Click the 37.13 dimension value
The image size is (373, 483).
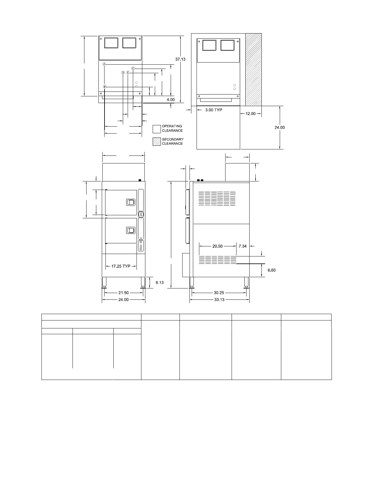pos(180,59)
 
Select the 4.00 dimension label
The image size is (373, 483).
pos(171,100)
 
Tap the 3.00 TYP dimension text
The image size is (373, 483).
pos(214,110)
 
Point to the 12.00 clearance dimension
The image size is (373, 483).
pos(250,113)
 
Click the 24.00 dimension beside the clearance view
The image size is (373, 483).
pos(279,127)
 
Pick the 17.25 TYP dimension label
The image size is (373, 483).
pos(121,266)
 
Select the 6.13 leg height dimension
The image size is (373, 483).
pos(159,282)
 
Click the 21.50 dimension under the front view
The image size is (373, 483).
pos(123,293)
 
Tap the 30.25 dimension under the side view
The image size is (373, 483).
pos(219,293)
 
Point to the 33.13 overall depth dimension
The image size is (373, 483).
pos(219,300)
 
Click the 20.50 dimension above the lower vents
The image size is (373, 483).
pos(217,246)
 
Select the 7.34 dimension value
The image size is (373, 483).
pos(242,246)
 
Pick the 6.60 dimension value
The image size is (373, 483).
pos(272,270)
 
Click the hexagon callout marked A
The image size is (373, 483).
pos(104,64)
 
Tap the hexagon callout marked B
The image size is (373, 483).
pos(105,87)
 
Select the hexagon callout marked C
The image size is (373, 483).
pos(133,68)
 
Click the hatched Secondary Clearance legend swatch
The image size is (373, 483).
pos(157,141)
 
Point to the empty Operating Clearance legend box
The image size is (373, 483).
pos(157,129)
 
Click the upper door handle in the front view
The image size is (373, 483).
pos(131,202)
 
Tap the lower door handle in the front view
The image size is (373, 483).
pos(131,231)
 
